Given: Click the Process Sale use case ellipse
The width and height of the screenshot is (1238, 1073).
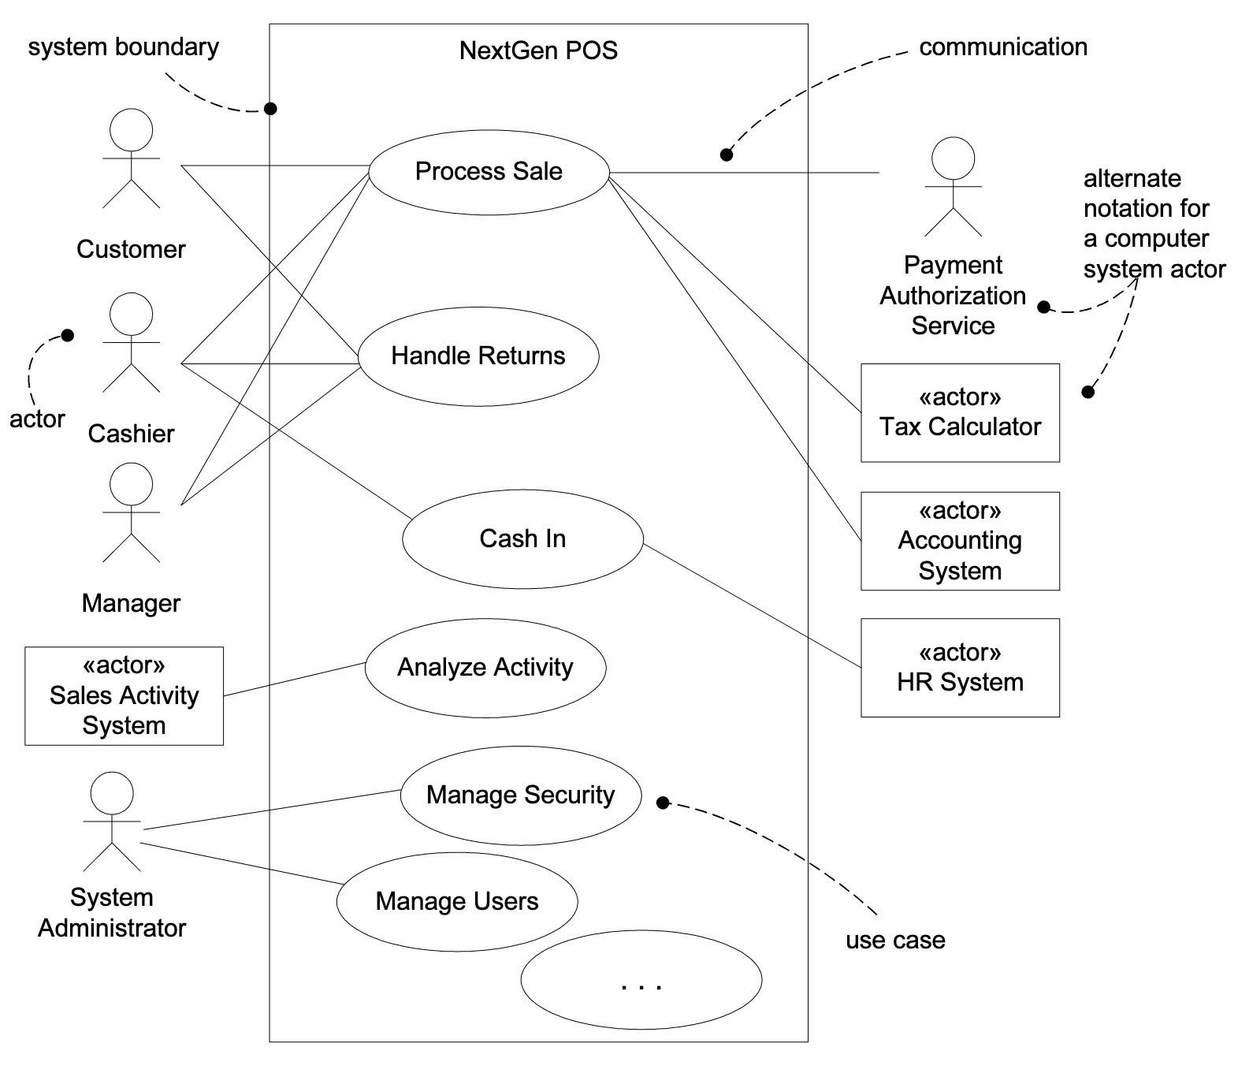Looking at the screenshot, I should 489,172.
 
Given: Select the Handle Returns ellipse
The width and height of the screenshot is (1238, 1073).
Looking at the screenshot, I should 478,356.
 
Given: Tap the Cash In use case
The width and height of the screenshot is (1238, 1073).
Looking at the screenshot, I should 522,539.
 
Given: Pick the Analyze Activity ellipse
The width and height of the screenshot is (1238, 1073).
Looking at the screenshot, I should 485,668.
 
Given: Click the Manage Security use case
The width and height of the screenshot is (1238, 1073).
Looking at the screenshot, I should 521,795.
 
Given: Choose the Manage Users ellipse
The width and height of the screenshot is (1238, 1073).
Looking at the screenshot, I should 457,902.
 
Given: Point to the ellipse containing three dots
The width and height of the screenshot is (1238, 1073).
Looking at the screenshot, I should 641,981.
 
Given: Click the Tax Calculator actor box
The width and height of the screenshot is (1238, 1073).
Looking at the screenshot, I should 960,413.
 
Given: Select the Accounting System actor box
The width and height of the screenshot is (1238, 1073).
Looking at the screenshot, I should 960,542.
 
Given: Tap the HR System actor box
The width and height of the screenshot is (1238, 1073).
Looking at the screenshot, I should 960,668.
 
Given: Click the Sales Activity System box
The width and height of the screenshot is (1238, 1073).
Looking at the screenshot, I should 124,696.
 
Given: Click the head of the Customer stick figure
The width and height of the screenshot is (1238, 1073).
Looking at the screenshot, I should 131,130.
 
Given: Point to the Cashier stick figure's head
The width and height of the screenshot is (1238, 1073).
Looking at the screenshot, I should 131,315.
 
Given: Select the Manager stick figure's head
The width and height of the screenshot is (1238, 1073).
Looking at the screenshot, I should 131,484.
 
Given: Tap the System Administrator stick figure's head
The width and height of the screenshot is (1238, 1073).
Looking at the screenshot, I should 112,793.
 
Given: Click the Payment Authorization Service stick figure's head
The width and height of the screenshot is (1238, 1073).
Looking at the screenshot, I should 953,158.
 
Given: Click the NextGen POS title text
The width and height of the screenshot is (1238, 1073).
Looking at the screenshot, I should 538,51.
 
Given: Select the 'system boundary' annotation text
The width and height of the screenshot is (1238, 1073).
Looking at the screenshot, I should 124,47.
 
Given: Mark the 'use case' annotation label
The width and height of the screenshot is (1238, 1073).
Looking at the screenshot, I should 895,941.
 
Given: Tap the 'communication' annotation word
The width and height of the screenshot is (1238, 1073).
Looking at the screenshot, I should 1003,47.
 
